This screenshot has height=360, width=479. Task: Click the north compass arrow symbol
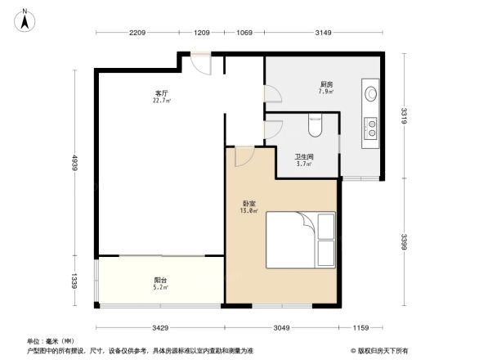[25, 18]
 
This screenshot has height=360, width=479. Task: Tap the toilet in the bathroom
[316, 126]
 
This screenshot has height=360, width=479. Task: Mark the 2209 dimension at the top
[137, 33]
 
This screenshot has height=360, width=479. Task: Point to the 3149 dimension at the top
[324, 33]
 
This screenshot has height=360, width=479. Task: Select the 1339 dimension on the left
[74, 282]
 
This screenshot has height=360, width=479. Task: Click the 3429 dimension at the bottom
[159, 327]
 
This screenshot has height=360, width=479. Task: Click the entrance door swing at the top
[199, 65]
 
